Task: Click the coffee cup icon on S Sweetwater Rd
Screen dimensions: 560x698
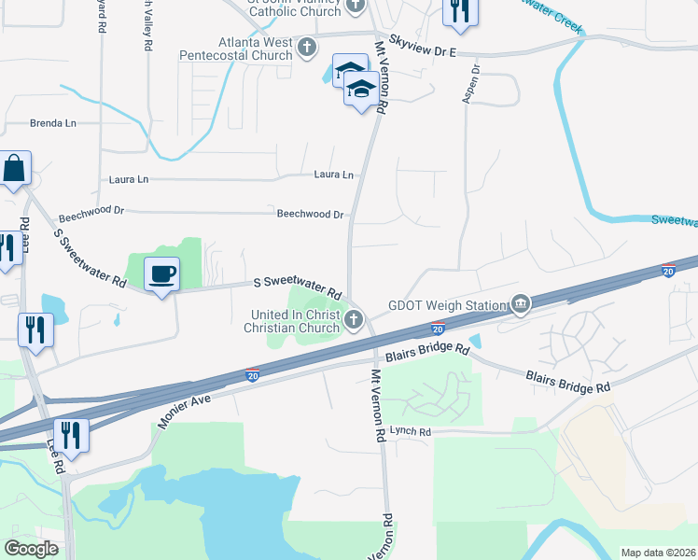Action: [162, 273]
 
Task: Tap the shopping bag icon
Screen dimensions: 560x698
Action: [15, 169]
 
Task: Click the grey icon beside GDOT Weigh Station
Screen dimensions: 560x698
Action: [521, 304]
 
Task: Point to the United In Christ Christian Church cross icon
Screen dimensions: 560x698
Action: [354, 321]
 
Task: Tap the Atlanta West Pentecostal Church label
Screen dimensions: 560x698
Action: [243, 49]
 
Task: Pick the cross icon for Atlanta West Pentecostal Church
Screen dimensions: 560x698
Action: [309, 45]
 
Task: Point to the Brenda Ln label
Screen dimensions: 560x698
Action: [53, 123]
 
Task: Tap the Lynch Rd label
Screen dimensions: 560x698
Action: [411, 432]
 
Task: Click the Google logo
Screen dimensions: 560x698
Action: [32, 549]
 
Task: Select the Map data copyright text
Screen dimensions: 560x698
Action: [658, 553]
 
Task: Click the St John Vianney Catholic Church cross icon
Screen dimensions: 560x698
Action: [355, 7]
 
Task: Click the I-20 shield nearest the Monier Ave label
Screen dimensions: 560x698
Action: [253, 375]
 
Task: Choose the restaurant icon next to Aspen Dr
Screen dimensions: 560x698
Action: [460, 10]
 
